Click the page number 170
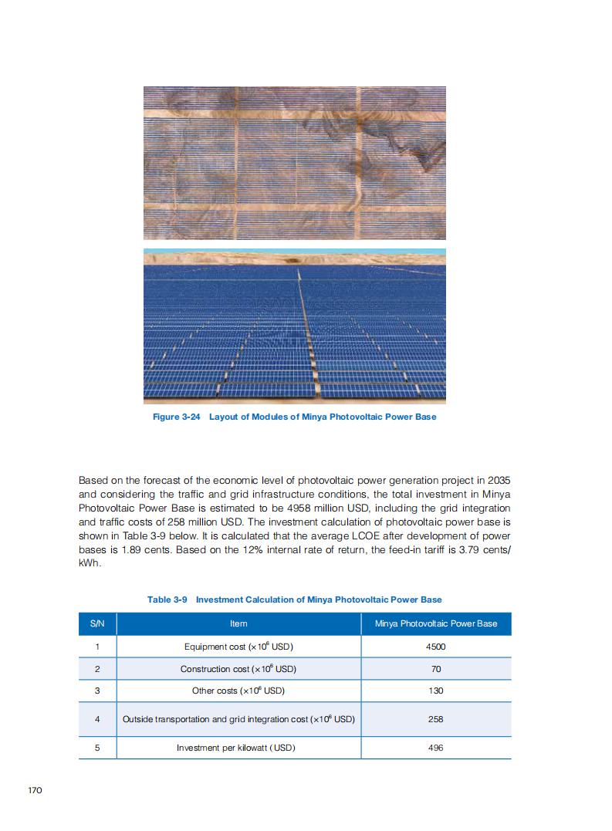(34, 791)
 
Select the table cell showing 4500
(435, 647)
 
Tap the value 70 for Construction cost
(435, 669)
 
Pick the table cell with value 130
(435, 691)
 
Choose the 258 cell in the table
(435, 719)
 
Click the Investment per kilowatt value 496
(435, 748)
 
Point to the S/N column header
(97, 623)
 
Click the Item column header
(238, 623)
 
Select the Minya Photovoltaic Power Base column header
(435, 623)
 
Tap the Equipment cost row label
(238, 647)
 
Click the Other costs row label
(238, 691)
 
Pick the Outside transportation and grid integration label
(238, 719)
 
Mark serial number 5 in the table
(97, 748)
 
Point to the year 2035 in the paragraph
(495, 480)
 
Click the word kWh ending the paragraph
(89, 563)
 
